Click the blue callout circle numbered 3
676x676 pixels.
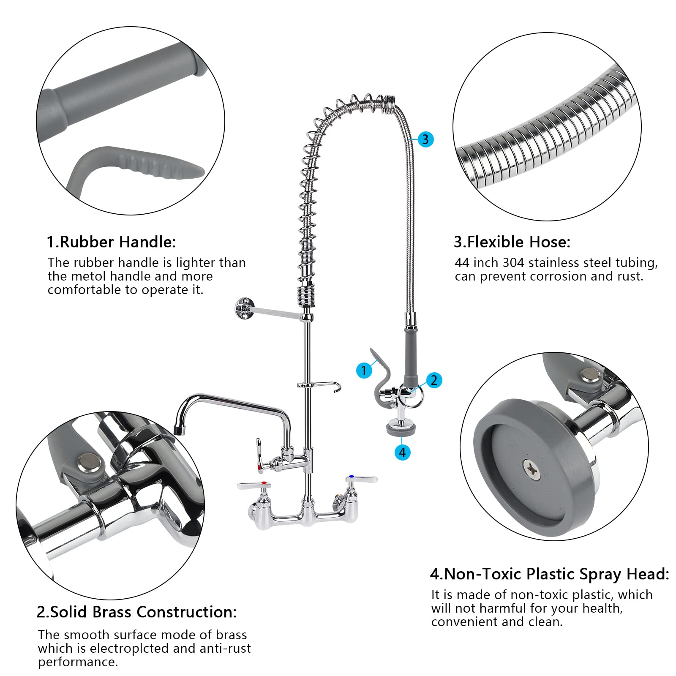[x=425, y=139]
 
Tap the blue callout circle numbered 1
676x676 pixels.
[x=364, y=371]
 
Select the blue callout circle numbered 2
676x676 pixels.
[x=434, y=380]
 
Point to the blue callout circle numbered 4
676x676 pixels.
[x=402, y=452]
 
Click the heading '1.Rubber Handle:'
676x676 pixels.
[x=111, y=242]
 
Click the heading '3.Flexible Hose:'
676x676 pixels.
[x=512, y=242]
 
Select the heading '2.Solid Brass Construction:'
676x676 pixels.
[x=136, y=612]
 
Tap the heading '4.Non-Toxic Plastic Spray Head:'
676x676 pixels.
[x=549, y=574]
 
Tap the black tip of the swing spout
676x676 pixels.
[x=180, y=430]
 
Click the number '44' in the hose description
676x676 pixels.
[x=462, y=263]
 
